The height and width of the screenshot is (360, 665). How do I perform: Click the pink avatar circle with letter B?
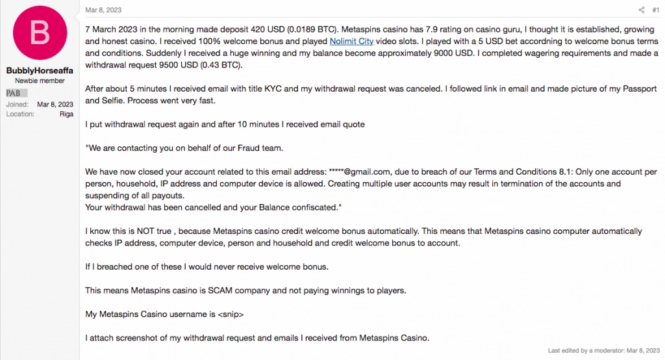coord(39,32)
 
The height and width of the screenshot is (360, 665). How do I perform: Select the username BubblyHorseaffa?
coord(39,70)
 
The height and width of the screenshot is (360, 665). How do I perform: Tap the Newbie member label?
coord(39,81)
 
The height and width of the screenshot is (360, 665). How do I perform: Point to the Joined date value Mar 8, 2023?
coord(55,104)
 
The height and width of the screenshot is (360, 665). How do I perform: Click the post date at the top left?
coord(103,10)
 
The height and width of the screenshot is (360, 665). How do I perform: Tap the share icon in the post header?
coord(641,10)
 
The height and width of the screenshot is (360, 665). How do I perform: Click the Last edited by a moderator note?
coord(603,350)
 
